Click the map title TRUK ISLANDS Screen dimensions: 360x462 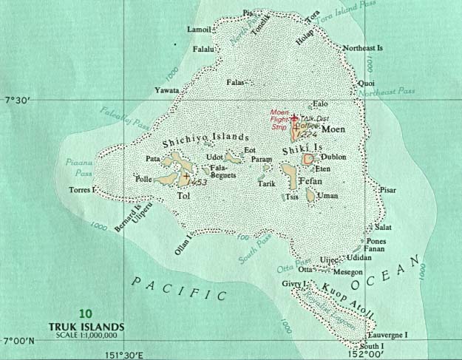tap(89, 325)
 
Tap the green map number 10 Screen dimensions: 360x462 tap(89, 312)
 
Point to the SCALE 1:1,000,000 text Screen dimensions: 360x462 tap(89, 336)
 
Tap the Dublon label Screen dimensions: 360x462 tap(333, 157)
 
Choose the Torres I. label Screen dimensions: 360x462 tap(83, 190)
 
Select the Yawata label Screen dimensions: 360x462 tap(166, 90)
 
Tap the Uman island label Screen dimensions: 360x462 tap(326, 196)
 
